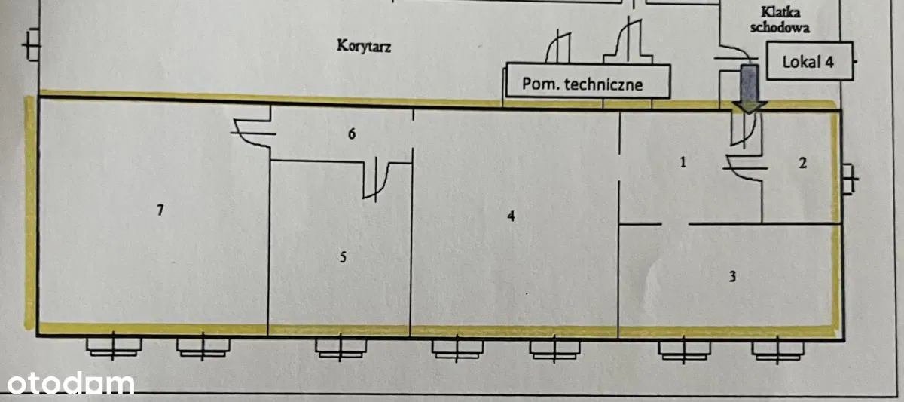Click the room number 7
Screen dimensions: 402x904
pos(160,211)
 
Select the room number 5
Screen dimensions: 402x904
pos(344,258)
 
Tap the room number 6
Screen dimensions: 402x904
pos(351,134)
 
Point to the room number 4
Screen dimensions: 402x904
pos(511,216)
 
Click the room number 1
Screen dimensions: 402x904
pos(683,161)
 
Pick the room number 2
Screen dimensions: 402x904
pos(802,162)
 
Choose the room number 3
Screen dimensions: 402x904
pos(731,276)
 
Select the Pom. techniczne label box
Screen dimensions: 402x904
pos(588,81)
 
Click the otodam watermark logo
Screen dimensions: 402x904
pos(67,383)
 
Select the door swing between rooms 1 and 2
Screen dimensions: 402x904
pos(745,167)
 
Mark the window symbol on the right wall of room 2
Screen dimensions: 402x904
pos(850,180)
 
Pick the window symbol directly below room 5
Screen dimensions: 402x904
pos(341,346)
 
